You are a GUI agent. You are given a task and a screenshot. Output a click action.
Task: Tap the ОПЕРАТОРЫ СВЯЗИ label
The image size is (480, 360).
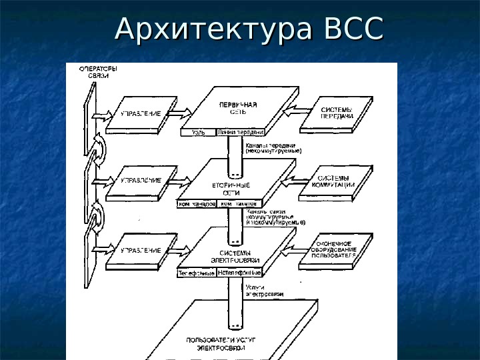pos(99,72)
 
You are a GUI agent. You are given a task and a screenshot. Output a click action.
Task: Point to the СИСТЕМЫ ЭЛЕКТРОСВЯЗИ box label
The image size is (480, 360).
pos(227,256)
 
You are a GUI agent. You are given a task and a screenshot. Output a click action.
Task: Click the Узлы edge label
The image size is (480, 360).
pos(199,133)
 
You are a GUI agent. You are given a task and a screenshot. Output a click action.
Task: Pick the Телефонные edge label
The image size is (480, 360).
pos(196,273)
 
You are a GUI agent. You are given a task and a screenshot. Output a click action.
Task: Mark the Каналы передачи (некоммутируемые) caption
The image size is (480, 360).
pos(273,148)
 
